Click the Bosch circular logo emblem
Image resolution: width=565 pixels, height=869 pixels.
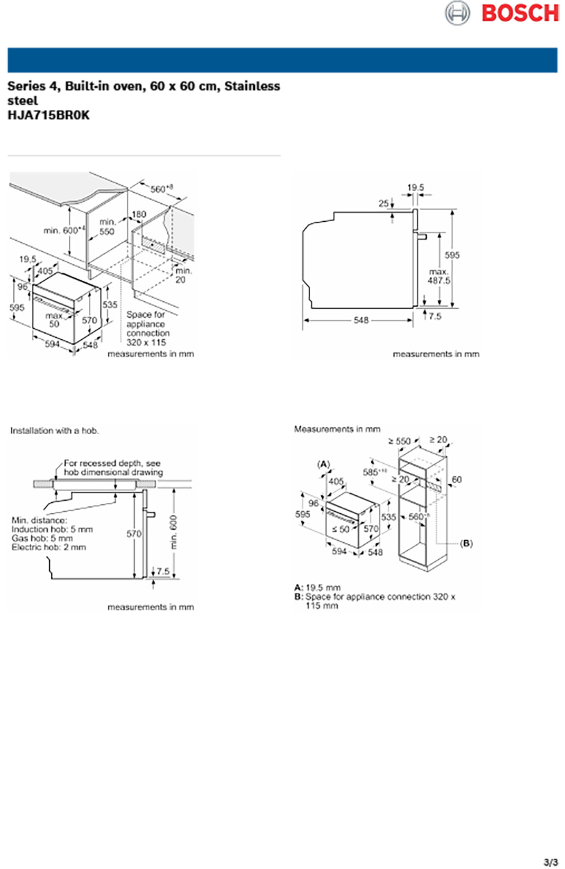457,13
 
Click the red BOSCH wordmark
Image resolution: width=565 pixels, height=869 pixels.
520,13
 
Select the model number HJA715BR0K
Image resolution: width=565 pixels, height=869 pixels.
49,115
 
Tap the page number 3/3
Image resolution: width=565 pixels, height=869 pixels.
550,862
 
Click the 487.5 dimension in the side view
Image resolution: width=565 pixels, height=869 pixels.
439,281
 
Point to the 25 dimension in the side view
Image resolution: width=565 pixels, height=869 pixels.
384,203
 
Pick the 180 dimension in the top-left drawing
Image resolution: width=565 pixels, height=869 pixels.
139,214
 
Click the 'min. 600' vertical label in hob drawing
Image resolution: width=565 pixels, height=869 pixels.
173,532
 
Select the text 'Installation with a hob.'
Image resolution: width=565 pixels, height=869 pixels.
55,431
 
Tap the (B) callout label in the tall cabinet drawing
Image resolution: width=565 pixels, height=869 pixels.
466,543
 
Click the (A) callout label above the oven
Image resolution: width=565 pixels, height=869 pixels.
324,464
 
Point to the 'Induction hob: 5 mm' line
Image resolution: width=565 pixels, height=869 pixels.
52,529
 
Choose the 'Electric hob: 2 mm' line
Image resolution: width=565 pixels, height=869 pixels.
49,547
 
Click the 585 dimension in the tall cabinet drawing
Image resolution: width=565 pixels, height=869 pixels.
371,472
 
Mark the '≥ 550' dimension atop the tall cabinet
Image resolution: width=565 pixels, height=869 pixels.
399,441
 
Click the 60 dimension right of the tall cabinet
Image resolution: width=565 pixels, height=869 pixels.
456,479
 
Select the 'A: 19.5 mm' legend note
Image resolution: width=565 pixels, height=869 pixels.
317,588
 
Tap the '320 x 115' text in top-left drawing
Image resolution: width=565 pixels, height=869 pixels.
146,342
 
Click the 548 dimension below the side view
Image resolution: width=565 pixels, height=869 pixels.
361,320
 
